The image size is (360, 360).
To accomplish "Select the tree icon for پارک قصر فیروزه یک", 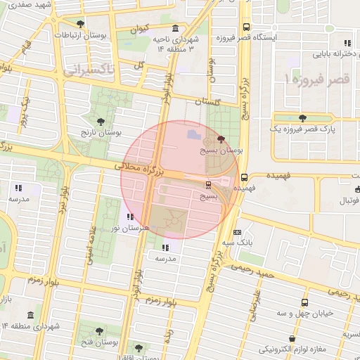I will point(303,117).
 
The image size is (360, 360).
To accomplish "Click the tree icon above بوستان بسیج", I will point(222,139).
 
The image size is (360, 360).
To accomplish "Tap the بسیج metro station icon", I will point(208,184).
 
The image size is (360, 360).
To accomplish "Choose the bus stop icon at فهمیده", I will point(244,177).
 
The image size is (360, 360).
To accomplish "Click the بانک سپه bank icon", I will point(237,231).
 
